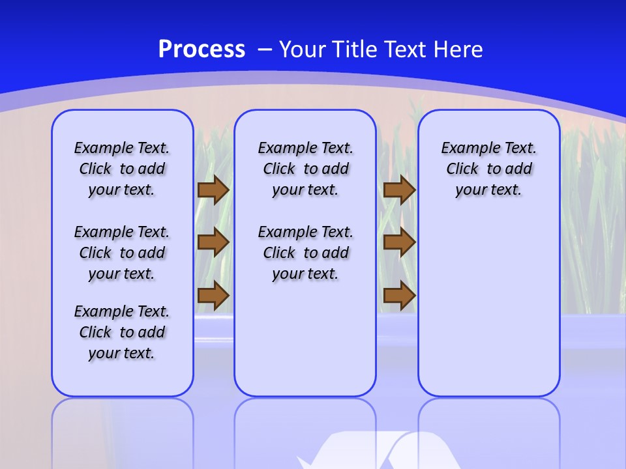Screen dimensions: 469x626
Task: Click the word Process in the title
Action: pos(201,50)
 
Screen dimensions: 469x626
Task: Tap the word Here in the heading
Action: pos(458,50)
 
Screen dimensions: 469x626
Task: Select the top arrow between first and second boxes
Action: pos(213,190)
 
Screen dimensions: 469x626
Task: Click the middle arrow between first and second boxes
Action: pos(213,242)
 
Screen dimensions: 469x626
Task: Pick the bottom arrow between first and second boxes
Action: pos(213,296)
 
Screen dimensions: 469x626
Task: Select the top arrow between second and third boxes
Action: pos(399,190)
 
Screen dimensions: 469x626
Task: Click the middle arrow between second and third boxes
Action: pos(399,242)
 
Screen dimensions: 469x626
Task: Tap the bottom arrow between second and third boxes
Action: pos(399,296)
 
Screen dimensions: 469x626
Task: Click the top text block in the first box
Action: pos(122,169)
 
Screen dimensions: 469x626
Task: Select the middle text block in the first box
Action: pos(122,253)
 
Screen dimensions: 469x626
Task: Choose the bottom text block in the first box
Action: pos(122,332)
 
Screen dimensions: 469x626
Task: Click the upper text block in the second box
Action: pos(305,169)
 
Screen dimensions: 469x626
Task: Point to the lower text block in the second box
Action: pos(305,253)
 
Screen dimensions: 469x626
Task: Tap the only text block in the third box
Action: pos(488,169)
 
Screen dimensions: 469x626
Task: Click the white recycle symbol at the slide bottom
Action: pos(378,453)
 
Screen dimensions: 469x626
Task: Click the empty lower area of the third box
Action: pos(488,306)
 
